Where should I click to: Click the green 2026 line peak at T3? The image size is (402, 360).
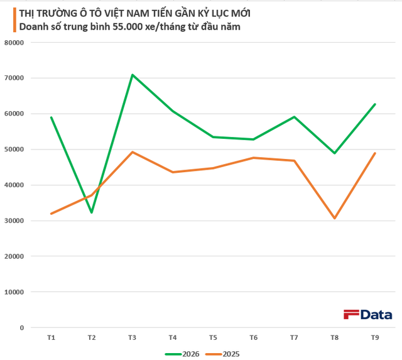[133, 75]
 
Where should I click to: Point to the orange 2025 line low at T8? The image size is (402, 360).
[335, 218]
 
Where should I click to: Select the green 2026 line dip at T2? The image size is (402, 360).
[92, 212]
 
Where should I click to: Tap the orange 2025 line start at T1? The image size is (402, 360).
[52, 214]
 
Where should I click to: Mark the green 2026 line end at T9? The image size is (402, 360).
[375, 104]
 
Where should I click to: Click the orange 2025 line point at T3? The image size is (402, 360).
[133, 152]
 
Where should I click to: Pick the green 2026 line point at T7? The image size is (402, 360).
[295, 117]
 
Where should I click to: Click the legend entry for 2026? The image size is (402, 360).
[182, 354]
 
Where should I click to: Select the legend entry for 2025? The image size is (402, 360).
[222, 354]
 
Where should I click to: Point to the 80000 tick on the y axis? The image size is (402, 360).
[14, 43]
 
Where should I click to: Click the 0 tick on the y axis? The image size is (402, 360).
[22, 328]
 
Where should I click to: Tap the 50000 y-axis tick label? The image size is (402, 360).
[14, 150]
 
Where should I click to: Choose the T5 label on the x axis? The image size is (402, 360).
[213, 337]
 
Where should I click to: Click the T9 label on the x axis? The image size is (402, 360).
[375, 337]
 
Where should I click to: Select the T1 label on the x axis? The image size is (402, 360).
[52, 337]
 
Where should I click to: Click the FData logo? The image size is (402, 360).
[368, 315]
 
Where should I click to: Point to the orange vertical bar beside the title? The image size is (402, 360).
[14, 20]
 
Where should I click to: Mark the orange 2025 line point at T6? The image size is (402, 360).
[254, 158]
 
